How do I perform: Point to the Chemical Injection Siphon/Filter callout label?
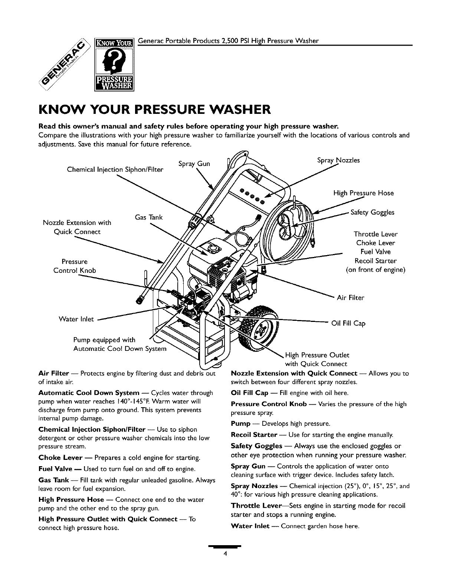(x=115, y=170)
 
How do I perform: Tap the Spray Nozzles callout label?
(x=338, y=160)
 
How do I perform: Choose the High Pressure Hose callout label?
(x=363, y=193)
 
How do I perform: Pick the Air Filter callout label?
(x=350, y=297)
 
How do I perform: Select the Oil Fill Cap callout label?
(x=348, y=323)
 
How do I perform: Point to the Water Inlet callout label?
(x=76, y=319)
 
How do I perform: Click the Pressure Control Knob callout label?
(x=75, y=266)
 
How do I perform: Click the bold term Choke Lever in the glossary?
(x=60, y=458)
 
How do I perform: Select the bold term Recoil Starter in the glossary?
(x=254, y=434)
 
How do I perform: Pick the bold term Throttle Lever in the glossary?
(x=253, y=506)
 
